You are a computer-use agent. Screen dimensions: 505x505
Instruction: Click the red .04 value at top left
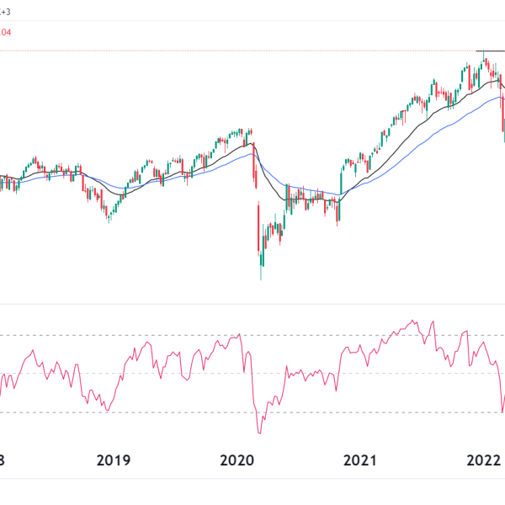(5, 32)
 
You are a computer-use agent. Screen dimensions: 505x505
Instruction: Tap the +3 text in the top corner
(5, 12)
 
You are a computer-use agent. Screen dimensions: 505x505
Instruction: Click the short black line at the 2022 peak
(489, 51)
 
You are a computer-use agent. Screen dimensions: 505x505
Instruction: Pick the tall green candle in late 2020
(342, 181)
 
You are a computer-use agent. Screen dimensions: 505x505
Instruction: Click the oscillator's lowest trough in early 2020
(259, 433)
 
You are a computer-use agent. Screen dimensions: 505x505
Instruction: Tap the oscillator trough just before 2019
(105, 410)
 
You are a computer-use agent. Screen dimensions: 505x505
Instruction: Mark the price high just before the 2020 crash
(251, 130)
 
